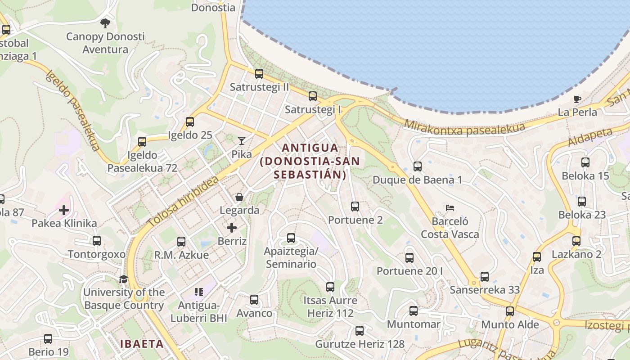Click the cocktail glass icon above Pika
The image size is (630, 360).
coord(242,141)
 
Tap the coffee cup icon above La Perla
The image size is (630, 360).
coord(577,99)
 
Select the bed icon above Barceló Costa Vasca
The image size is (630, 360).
coord(450,207)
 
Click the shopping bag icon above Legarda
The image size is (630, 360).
coord(239,197)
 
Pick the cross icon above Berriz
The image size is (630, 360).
coord(232,228)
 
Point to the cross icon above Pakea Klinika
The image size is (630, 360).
coord(64,210)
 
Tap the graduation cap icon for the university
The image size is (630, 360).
coord(124,279)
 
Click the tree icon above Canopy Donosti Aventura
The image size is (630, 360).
coord(105,22)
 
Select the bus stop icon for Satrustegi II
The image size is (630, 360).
coord(259,74)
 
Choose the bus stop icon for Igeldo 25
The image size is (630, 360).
coord(190,122)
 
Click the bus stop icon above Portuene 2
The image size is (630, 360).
coord(355,207)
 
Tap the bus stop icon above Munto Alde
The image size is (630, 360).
coord(510,311)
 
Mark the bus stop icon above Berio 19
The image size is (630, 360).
coord(48,338)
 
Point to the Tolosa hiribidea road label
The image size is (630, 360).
coord(183,201)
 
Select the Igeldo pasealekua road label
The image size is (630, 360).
coord(72,110)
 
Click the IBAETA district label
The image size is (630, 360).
coord(142,344)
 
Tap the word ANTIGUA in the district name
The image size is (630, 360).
coord(310,148)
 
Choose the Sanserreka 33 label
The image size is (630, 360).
coord(485,290)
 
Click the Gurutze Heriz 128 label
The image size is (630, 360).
coord(360,344)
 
